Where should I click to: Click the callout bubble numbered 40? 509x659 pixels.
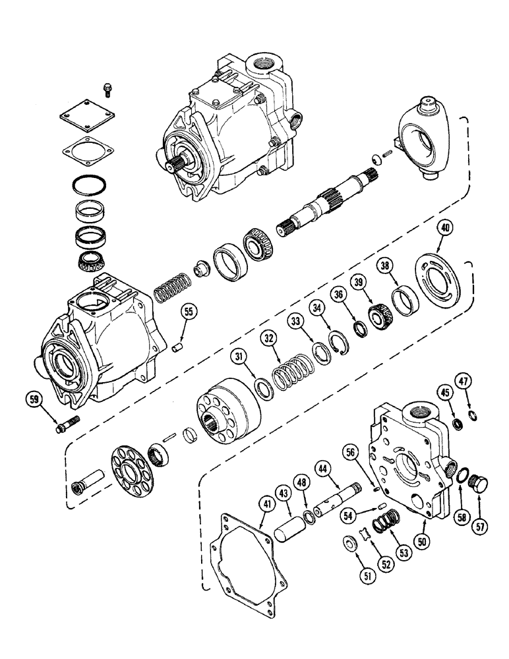pyautogui.click(x=446, y=229)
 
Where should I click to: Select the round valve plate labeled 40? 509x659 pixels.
pyautogui.click(x=442, y=277)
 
